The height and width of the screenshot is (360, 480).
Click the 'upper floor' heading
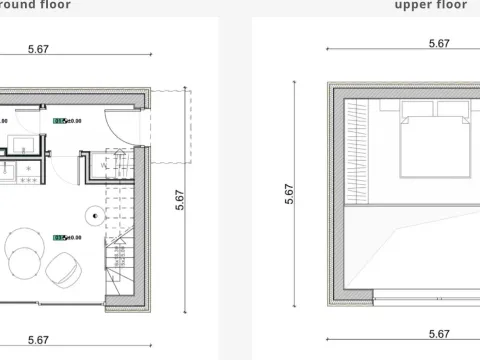pos(430,4)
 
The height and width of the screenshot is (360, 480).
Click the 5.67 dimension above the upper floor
pos(438,44)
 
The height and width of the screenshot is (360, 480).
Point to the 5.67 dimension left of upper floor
pos(289,192)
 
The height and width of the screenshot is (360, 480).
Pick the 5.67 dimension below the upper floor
pos(438,334)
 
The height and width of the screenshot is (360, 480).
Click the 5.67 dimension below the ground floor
pos(40,340)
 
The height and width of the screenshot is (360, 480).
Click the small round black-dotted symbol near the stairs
pos(92,212)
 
